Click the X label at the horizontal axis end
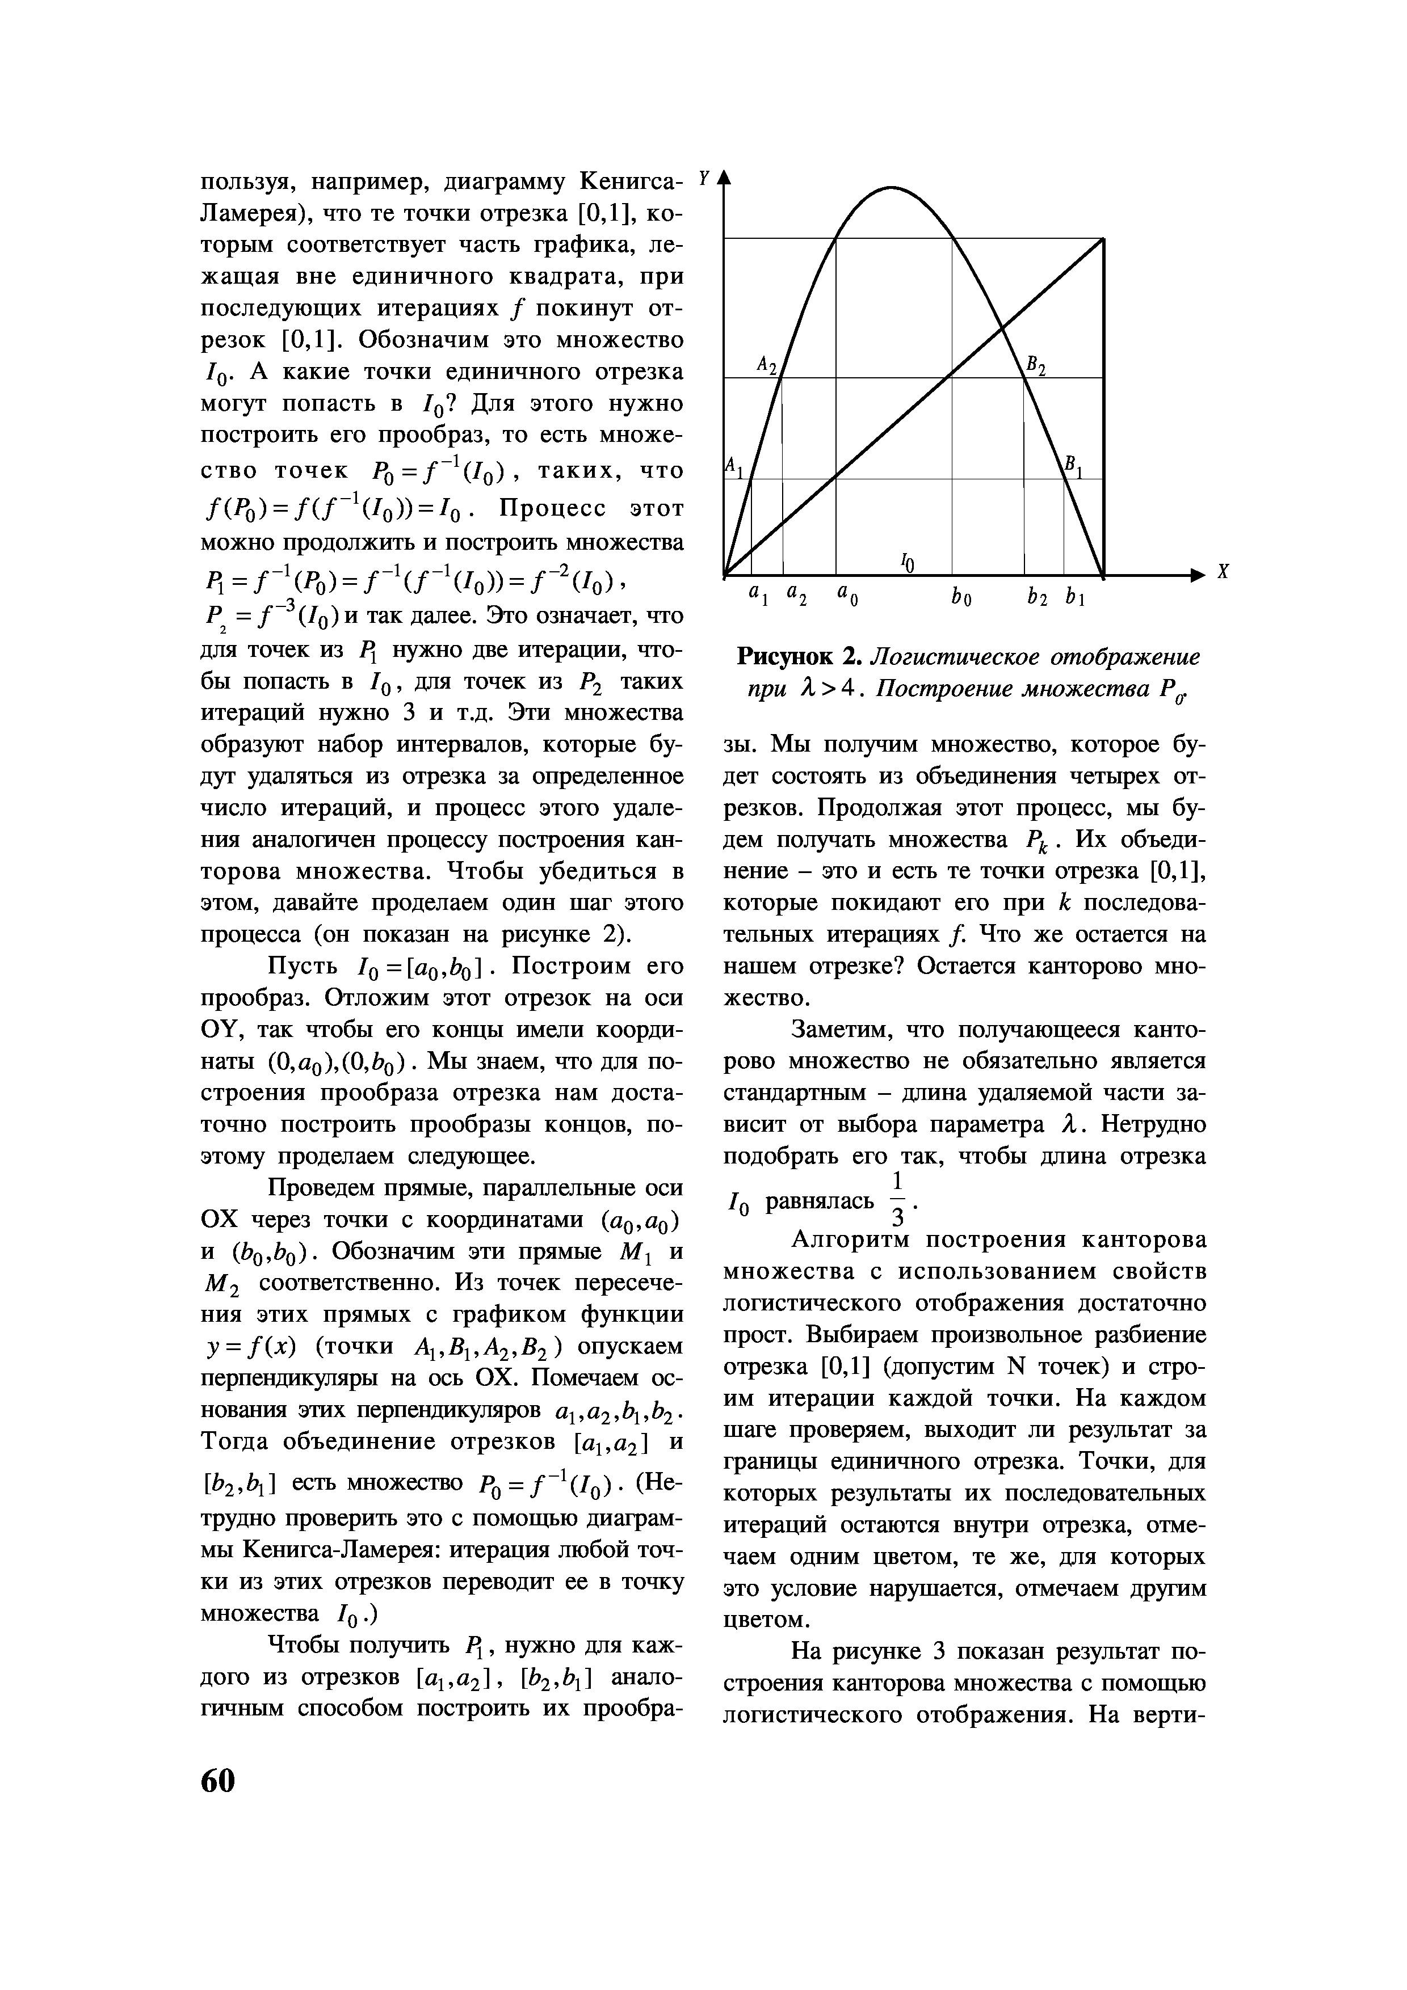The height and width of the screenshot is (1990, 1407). [x=1224, y=573]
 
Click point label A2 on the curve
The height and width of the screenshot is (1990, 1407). [x=768, y=365]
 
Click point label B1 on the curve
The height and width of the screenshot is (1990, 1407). [x=1074, y=465]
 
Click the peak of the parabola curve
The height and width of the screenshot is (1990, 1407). [x=891, y=186]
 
